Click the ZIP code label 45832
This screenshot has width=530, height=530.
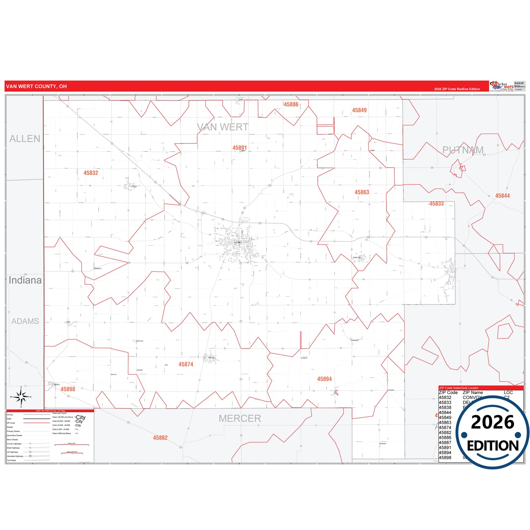click(x=91, y=173)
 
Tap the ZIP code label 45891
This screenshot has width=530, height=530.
click(x=240, y=148)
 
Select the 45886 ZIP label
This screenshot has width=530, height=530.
click(x=291, y=105)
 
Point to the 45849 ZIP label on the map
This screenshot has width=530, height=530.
click(x=359, y=110)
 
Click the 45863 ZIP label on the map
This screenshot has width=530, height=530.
click(x=362, y=192)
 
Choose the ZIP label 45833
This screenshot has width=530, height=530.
click(x=436, y=204)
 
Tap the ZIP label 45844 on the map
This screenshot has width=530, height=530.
click(x=502, y=196)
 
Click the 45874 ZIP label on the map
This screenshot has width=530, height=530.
click(x=186, y=364)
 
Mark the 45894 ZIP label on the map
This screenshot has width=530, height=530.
click(x=325, y=379)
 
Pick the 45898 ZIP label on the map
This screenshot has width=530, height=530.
click(x=68, y=389)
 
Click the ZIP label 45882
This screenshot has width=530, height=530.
click(x=160, y=438)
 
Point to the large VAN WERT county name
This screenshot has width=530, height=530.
click(x=223, y=127)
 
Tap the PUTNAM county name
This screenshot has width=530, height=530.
click(x=463, y=150)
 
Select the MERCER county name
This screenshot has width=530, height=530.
click(x=240, y=418)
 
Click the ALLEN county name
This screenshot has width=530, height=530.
click(x=25, y=139)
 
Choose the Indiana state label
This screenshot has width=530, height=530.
click(x=25, y=280)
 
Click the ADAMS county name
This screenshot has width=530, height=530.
click(x=25, y=321)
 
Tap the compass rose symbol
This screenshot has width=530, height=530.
click(x=21, y=397)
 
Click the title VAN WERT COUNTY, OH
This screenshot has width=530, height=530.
click(x=36, y=87)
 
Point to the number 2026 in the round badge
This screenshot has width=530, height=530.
click(x=493, y=422)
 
